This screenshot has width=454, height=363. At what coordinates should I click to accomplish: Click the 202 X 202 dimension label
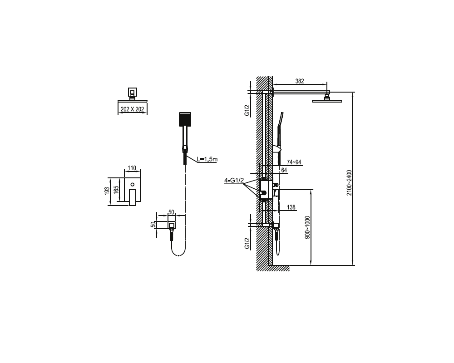point(132,109)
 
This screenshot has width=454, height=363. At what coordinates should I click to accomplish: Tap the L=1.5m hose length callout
point(207,159)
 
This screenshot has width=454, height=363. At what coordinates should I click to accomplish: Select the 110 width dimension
point(132,168)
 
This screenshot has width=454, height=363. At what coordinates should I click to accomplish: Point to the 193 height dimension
point(107,191)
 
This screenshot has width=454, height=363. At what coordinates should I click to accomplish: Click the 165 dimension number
point(116,190)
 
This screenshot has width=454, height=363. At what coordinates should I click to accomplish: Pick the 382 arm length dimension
point(300,81)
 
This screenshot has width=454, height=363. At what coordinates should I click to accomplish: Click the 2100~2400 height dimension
point(349,183)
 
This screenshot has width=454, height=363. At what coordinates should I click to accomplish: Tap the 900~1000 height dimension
point(307,227)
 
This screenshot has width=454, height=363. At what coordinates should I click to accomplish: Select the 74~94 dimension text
point(294,162)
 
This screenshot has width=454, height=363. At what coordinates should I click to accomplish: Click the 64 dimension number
point(284,170)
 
